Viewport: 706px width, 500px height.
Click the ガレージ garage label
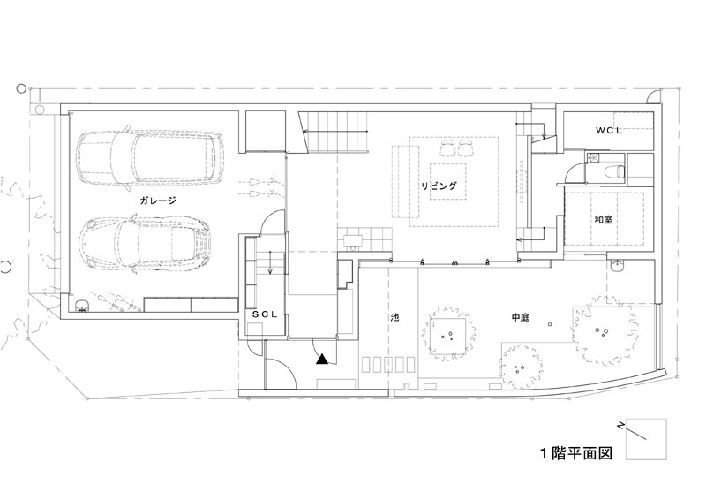[x=158, y=201]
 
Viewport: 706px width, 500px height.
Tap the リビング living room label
[x=439, y=186]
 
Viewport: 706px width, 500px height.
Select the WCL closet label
[x=609, y=131]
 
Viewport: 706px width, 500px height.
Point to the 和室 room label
[x=603, y=220]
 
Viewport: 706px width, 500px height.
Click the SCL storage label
[x=265, y=315]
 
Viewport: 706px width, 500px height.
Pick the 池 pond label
[x=394, y=317]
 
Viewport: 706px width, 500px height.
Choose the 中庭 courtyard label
[x=520, y=317]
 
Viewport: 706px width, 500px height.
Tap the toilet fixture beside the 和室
[x=613, y=171]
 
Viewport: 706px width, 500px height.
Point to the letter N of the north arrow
[x=620, y=426]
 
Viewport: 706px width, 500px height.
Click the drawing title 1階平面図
[x=576, y=452]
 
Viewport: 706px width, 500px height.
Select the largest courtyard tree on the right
[x=604, y=332]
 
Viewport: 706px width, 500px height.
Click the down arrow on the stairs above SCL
[x=270, y=264]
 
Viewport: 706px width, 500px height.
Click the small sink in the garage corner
[x=81, y=307]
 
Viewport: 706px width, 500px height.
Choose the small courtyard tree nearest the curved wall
[x=520, y=367]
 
